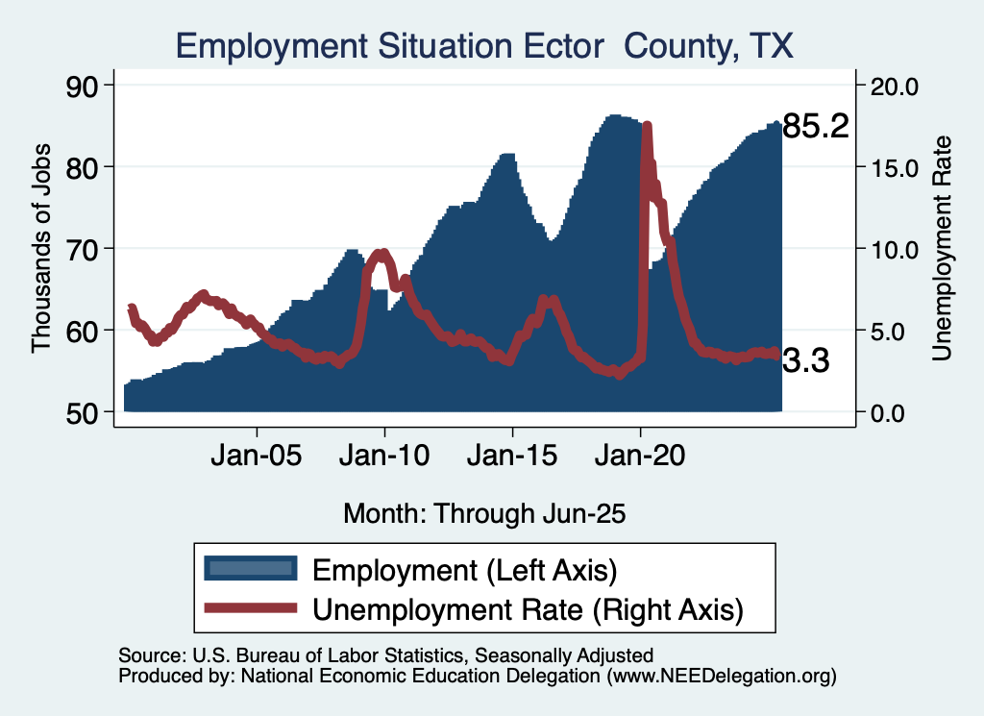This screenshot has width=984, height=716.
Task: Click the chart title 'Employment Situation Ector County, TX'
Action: coord(484,45)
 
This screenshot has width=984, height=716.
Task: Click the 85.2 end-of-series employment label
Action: coord(816,126)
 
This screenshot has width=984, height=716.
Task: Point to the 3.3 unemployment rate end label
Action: coord(805,360)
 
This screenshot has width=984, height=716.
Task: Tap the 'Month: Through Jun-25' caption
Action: coord(484,513)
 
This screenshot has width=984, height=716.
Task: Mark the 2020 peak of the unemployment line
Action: coord(647,127)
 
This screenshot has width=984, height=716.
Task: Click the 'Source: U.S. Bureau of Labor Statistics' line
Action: coord(385,655)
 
